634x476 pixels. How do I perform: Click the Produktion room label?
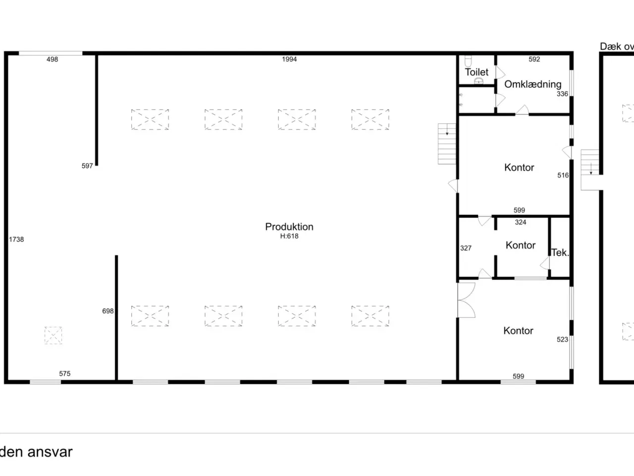(x=289, y=227)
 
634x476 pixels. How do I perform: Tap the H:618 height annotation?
(x=289, y=236)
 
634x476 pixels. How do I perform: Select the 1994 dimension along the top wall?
(x=289, y=59)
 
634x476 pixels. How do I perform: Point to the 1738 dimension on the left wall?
(x=16, y=239)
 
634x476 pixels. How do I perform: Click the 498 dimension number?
(x=53, y=59)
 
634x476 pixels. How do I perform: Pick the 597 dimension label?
(x=87, y=166)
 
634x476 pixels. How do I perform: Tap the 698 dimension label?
(x=108, y=311)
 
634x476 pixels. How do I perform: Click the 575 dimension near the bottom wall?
(x=65, y=374)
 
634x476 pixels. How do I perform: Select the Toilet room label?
(x=476, y=72)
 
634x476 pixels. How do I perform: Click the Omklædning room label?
(x=533, y=84)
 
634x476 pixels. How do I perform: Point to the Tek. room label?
(x=560, y=252)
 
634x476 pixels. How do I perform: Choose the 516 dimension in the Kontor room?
(x=563, y=176)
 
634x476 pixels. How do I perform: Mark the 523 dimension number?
(x=562, y=340)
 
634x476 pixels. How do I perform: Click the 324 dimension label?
(x=521, y=222)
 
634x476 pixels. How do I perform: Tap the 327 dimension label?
(x=466, y=248)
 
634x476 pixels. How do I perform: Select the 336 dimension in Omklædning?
(x=562, y=94)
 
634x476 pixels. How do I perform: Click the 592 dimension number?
(x=534, y=59)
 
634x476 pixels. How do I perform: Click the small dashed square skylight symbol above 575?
(x=53, y=335)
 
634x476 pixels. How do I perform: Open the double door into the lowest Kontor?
(x=466, y=300)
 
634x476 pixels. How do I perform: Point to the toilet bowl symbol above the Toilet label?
(x=468, y=61)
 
